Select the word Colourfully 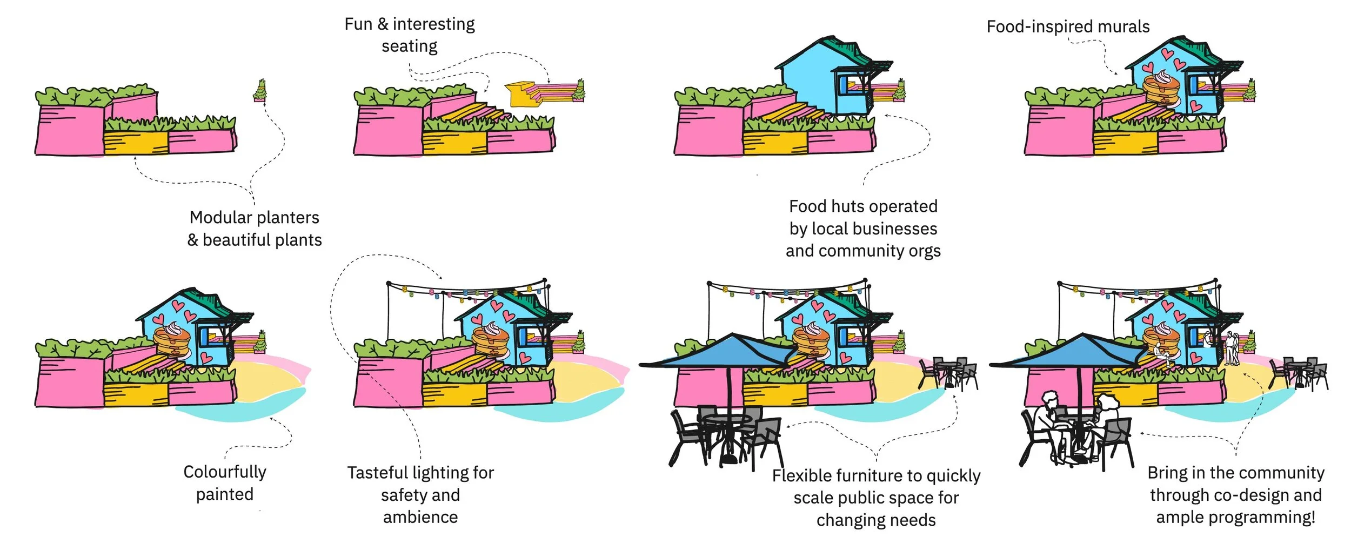coord(225,472)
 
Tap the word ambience coord(420,518)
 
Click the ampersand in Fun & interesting coord(383,24)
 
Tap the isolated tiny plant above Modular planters coord(260,91)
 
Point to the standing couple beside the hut coord(1231,348)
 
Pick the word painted coord(225,495)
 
